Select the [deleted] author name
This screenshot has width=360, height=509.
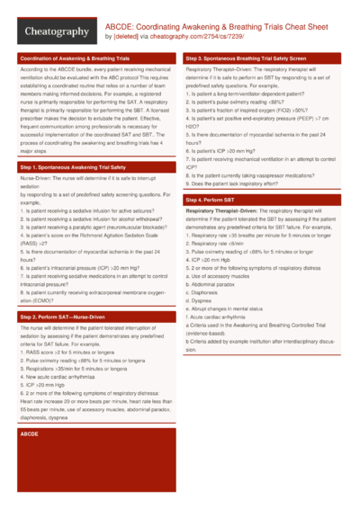pos(124,37)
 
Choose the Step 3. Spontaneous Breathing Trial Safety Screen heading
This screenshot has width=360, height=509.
pos(253,58)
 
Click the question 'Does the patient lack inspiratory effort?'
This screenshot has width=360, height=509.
pos(251,183)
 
